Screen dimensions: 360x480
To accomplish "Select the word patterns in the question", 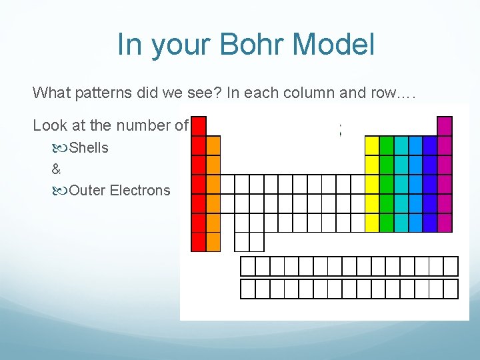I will point(106,92).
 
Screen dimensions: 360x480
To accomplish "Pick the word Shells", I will point(89,147).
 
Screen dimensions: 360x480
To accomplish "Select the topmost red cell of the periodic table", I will point(199,126).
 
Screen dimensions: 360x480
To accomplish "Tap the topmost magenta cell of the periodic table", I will point(445,126).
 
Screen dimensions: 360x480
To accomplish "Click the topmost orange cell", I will point(213,145).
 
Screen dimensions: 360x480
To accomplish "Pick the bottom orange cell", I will point(213,241).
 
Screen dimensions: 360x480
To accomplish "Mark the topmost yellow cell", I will point(372,145).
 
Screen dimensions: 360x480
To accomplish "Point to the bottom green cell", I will point(387,222).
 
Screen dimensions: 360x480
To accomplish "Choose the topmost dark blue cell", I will point(430,145).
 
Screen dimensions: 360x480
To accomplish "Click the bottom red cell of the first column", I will point(199,241).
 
